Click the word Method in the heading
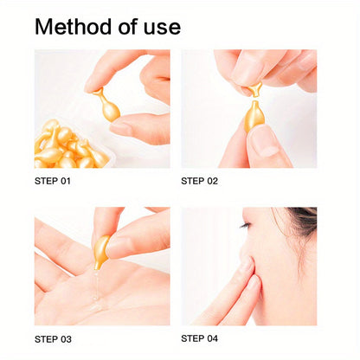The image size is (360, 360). [x=75, y=27]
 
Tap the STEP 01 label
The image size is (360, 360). [x=53, y=181]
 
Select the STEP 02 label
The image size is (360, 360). [x=199, y=181]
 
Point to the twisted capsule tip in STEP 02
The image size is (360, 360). [x=254, y=88]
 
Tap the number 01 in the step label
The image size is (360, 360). [x=64, y=181]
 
